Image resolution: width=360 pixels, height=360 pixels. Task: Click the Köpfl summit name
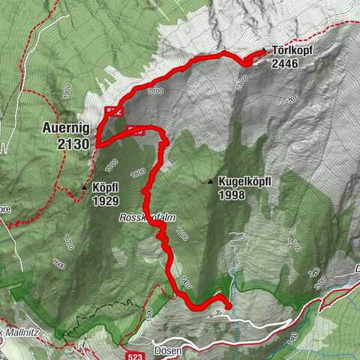[106, 189]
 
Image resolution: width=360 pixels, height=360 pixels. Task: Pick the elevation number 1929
[106, 201]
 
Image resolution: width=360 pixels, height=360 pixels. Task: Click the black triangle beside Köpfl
[85, 187]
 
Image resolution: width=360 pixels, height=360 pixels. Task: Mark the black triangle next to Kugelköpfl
[211, 181]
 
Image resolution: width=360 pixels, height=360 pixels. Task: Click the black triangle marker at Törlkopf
[264, 51]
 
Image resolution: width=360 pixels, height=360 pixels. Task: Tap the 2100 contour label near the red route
[155, 91]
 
